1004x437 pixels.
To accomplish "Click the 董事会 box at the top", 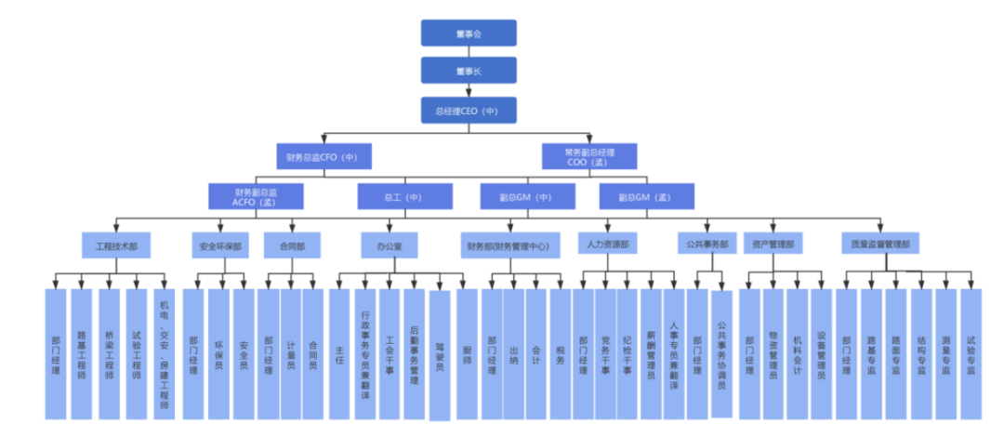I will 468,33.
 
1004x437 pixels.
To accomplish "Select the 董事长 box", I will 468,71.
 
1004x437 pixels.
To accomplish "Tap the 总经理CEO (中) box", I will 468,111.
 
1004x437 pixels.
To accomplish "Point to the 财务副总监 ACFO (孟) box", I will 256,196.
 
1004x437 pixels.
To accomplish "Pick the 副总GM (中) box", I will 526,196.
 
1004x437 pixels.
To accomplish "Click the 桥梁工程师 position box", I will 109,353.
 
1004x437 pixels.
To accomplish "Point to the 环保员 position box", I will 218,353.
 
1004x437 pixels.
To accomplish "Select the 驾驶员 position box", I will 439,353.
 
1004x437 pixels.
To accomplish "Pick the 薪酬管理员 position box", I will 651,353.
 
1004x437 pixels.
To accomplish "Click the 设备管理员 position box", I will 821,353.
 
